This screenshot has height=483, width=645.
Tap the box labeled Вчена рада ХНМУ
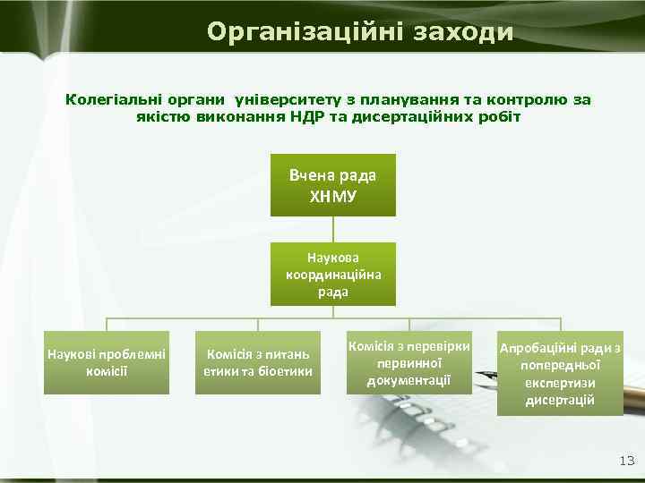pos(332,184)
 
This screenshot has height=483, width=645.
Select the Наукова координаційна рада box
pos(332,274)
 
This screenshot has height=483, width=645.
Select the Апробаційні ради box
pos(561,375)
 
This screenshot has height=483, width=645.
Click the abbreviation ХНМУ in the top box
pos(332,194)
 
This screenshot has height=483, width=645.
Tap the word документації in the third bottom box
pos(408,381)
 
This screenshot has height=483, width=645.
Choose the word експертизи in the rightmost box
pos(561,383)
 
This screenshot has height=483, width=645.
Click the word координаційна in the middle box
pos(332,274)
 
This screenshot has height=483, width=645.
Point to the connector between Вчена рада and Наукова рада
pos(332,229)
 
